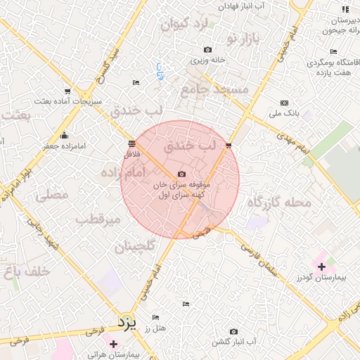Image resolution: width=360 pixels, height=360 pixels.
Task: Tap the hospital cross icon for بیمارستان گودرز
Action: (321, 266)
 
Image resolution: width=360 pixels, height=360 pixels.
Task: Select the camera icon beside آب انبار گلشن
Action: (234, 331)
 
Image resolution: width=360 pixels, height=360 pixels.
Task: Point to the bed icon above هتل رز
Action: (186, 304)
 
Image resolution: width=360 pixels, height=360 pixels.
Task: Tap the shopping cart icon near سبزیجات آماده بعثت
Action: (67, 91)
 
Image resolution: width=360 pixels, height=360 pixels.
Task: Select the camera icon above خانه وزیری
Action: (207, 49)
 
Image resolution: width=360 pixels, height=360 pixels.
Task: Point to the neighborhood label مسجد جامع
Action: (214, 89)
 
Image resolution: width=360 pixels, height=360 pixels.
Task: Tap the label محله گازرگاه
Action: (278, 203)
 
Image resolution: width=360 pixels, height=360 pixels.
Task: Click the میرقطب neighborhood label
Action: (99, 219)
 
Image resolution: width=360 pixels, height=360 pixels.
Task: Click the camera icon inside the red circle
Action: (181, 174)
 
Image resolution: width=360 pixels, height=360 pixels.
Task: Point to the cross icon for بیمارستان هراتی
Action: (113, 343)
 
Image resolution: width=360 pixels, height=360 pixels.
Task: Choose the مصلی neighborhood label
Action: (51, 195)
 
